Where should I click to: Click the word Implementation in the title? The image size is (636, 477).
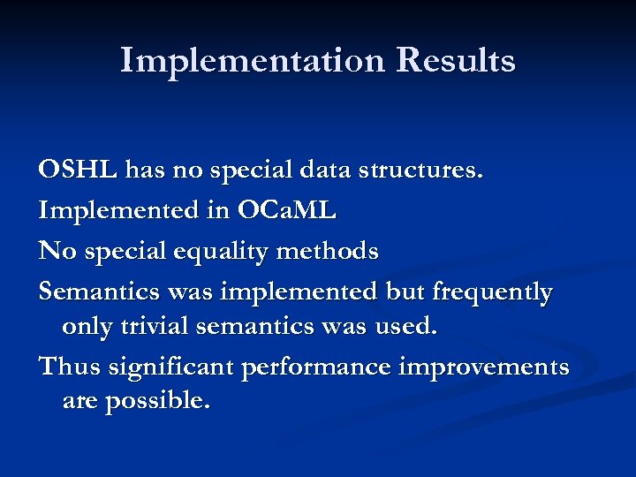[x=253, y=61]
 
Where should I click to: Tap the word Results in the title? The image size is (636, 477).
[x=456, y=61]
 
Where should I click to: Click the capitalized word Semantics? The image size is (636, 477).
[x=99, y=292]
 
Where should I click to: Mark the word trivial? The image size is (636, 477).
[x=158, y=327]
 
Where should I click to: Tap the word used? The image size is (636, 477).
[x=405, y=327]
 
